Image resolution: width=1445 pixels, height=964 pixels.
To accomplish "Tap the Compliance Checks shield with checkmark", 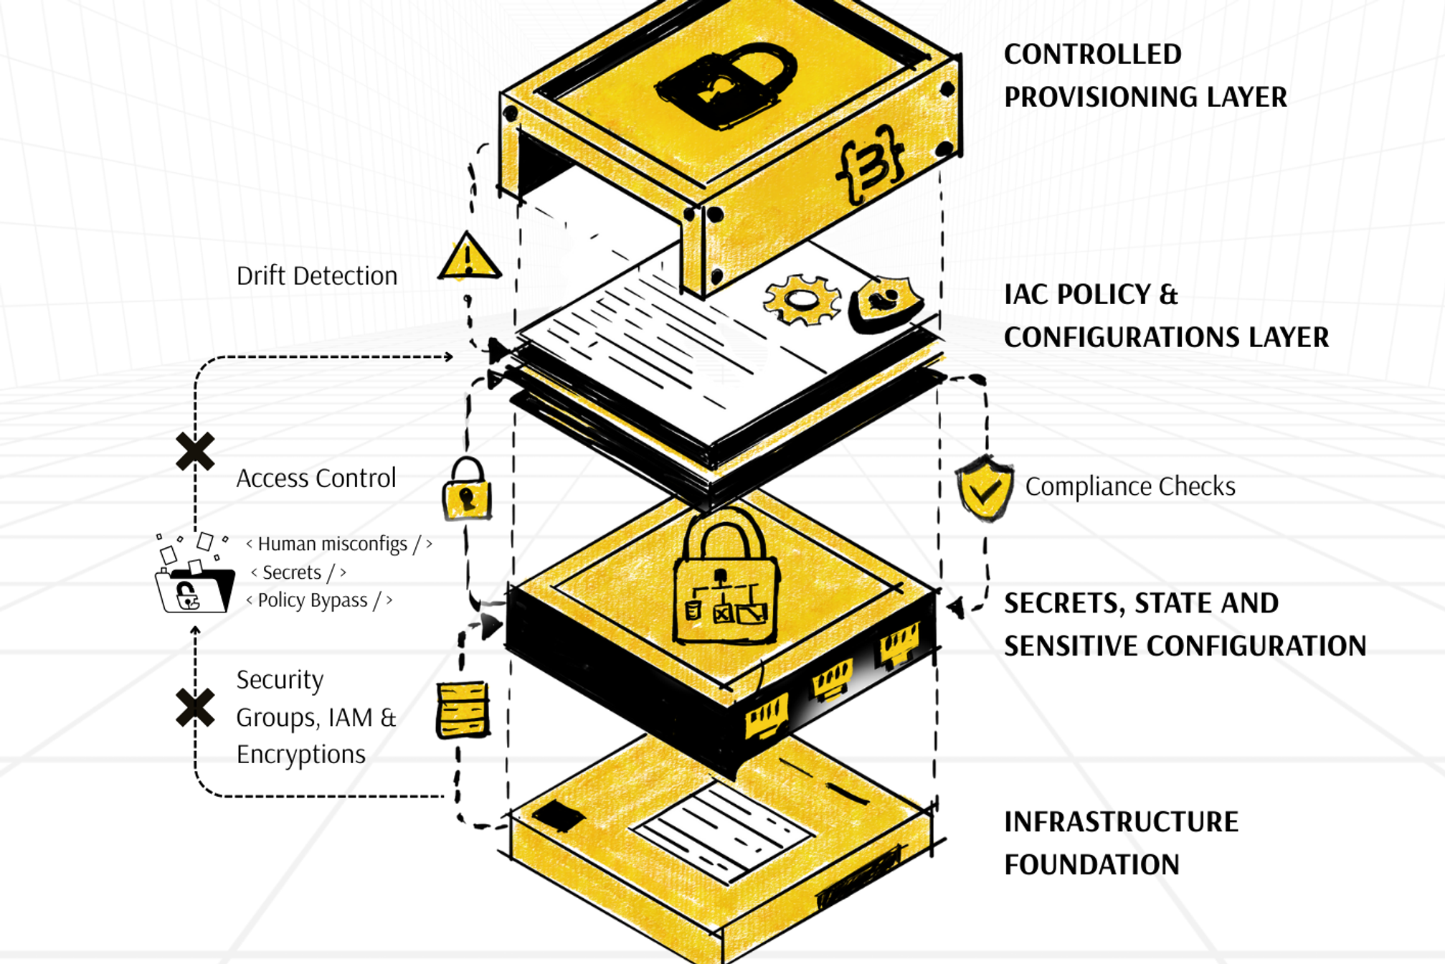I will (x=985, y=488).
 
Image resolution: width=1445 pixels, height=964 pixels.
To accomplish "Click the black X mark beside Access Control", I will (x=195, y=452).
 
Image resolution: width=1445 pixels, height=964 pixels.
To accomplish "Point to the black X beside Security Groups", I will (x=195, y=708).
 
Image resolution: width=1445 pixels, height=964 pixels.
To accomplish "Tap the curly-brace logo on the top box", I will (x=870, y=164).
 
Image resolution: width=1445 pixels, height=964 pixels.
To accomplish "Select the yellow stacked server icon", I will (x=463, y=710).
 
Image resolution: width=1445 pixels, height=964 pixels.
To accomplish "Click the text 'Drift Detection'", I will (x=316, y=276).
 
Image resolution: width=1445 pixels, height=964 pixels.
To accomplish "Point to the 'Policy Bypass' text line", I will (x=319, y=600).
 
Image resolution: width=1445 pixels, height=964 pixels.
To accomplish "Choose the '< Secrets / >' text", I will (x=298, y=572).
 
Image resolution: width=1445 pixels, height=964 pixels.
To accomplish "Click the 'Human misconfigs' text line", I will (x=338, y=544).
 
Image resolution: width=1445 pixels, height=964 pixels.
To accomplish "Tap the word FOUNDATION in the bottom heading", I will (x=1091, y=865).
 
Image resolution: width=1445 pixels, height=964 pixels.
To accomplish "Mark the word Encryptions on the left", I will (x=301, y=755).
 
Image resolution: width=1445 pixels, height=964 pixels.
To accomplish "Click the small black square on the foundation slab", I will (x=558, y=816).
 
